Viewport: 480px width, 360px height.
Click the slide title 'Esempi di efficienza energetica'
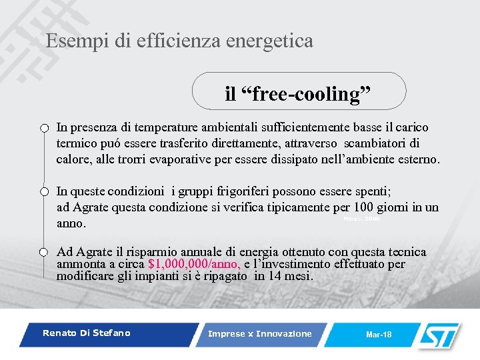click(x=179, y=41)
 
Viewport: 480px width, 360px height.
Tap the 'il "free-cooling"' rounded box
click(x=298, y=93)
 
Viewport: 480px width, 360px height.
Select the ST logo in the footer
click(x=437, y=333)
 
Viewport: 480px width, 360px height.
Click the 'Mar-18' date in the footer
click(x=379, y=334)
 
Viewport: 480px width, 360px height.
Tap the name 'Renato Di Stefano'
click(x=87, y=333)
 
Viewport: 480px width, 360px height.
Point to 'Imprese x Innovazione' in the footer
click(x=260, y=333)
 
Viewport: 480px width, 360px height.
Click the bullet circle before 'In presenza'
click(x=44, y=128)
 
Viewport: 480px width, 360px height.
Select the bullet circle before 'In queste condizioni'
click(x=44, y=192)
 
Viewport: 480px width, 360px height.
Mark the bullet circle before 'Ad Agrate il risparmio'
click(x=44, y=252)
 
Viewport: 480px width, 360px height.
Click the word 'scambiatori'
click(x=375, y=143)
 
